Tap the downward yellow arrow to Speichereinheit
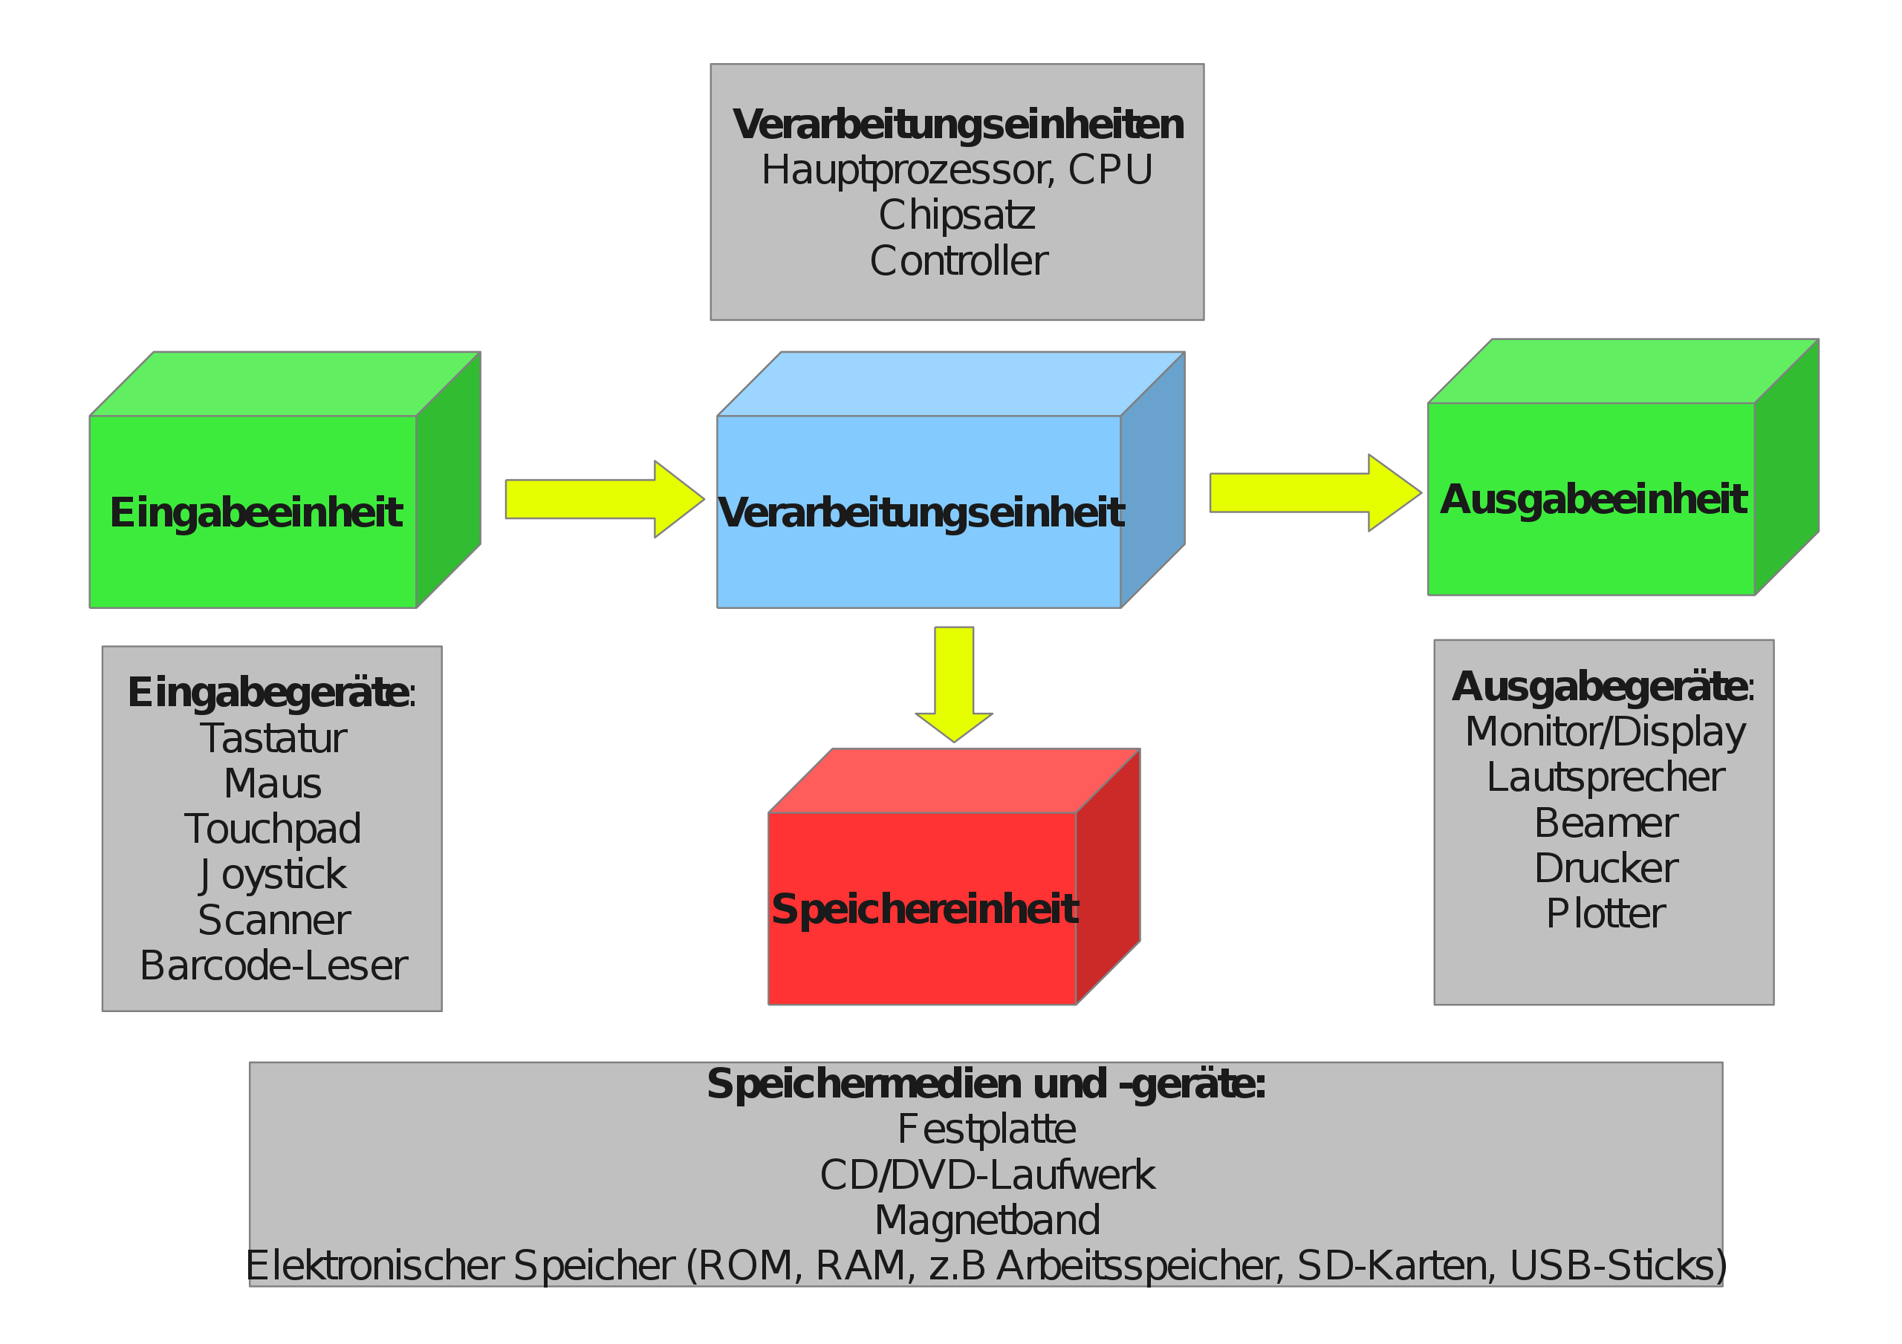(954, 683)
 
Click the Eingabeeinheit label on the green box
(256, 512)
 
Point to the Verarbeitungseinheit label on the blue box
(921, 512)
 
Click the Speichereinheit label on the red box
(924, 910)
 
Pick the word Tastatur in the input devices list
(273, 738)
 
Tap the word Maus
(273, 783)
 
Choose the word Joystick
(273, 875)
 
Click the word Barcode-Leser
(273, 965)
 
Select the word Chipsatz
(957, 215)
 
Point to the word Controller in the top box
(958, 261)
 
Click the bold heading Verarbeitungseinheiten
(958, 124)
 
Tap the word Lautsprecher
(1606, 777)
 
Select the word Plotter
(1606, 913)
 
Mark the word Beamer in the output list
(1606, 823)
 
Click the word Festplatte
(987, 1129)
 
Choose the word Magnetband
(987, 1221)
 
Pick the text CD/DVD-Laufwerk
(987, 1175)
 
